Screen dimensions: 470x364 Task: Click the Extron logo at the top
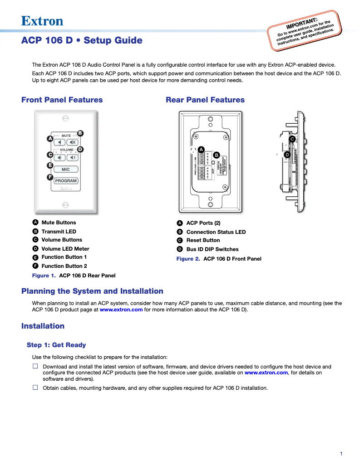pos(42,21)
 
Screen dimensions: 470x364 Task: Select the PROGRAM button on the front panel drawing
pos(66,180)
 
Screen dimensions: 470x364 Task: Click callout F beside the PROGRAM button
pos(50,177)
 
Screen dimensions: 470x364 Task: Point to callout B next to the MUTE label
pos(80,133)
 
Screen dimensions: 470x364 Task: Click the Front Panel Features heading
pos(62,100)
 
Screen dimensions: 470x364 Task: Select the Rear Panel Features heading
pos(205,100)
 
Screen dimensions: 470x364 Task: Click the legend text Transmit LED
pos(59,231)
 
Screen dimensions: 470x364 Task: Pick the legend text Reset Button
pos(203,240)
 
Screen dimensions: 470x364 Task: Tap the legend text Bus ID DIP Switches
pos(212,249)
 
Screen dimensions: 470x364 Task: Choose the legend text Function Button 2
pos(64,266)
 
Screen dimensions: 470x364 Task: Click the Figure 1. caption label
pos(44,275)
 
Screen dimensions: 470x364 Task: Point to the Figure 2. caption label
pos(188,259)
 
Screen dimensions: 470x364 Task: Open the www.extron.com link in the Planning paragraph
pos(121,310)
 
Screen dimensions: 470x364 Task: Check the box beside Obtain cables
pos(35,388)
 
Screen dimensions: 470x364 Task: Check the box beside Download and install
pos(35,366)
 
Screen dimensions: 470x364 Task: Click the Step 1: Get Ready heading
pos(56,345)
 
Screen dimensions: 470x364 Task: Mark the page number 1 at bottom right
pos(341,454)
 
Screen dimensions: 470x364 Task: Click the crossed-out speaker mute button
pos(73,142)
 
